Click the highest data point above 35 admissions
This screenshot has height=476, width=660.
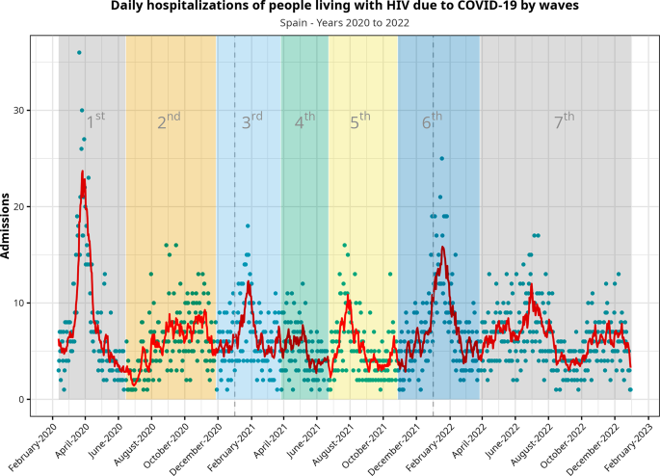coord(79,52)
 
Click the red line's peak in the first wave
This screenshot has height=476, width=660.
coord(84,172)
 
